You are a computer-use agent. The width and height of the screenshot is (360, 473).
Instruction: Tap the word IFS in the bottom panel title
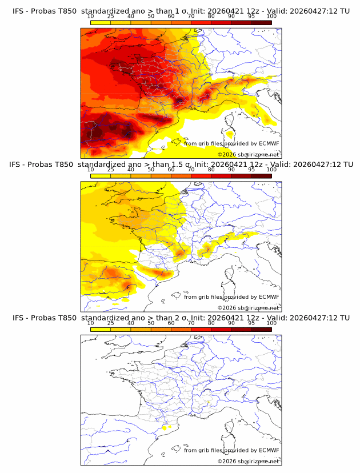point(19,318)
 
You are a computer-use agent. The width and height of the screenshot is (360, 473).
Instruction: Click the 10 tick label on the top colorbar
point(91,16)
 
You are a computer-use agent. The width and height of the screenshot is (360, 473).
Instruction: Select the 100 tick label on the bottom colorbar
point(271,323)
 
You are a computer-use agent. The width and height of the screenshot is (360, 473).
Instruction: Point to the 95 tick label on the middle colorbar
point(251,170)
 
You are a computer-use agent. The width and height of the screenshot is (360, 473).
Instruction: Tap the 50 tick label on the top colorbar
point(151,16)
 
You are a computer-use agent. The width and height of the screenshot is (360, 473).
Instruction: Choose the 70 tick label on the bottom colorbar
point(191,323)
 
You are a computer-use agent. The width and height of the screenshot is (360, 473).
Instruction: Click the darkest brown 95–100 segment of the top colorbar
point(261,22)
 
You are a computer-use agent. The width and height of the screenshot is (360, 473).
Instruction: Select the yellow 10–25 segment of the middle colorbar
point(101,176)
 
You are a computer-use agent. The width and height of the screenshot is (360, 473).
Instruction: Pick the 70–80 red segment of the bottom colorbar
point(201,330)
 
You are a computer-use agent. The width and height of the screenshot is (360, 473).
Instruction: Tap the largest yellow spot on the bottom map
point(166,427)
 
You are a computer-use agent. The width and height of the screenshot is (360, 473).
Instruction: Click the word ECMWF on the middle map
point(269,297)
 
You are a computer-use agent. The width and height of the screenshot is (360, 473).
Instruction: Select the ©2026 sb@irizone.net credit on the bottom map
point(249,461)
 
